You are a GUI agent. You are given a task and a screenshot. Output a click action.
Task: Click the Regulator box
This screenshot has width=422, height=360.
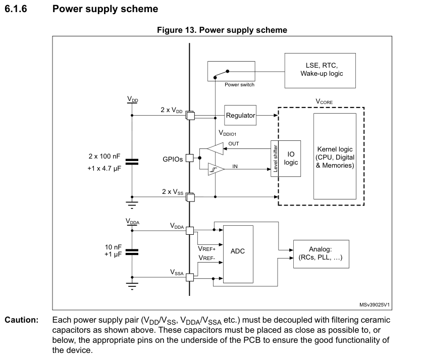click(x=240, y=115)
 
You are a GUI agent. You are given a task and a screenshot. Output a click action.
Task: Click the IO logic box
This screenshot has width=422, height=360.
click(x=290, y=159)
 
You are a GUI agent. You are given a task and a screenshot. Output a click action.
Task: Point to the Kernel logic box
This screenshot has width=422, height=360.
click(x=335, y=158)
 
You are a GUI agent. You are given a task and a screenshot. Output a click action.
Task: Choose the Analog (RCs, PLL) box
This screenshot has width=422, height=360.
click(x=321, y=253)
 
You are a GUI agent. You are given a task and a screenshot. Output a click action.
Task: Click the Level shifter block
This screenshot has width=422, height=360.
click(x=275, y=159)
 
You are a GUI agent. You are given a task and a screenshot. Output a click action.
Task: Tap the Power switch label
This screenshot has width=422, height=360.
click(x=239, y=84)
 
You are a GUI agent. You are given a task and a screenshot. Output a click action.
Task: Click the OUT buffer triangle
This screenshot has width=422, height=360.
click(x=215, y=149)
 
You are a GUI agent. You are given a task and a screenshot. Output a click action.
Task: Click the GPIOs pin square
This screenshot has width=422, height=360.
click(x=189, y=158)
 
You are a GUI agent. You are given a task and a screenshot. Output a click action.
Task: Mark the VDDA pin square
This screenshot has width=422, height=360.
click(x=190, y=231)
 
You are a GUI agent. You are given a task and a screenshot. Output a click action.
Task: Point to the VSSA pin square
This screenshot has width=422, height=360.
click(x=190, y=277)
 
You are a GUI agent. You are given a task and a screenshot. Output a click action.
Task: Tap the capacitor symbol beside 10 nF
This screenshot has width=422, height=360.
click(x=132, y=251)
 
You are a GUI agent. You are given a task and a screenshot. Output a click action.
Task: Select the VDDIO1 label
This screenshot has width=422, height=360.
click(x=227, y=133)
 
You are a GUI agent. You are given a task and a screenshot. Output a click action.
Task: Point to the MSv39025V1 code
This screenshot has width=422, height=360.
click(x=376, y=305)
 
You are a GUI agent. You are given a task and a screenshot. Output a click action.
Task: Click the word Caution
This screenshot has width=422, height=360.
click(x=22, y=320)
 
